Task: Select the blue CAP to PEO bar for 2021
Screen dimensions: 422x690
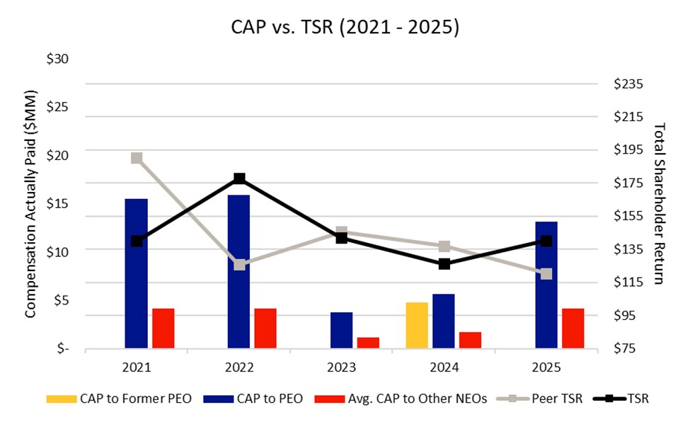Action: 136,273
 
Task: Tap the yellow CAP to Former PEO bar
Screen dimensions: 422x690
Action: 417,325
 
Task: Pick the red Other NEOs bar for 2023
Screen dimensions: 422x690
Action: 368,343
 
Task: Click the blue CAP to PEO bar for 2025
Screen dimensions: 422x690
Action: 546,285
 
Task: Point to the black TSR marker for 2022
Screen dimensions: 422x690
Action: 239,178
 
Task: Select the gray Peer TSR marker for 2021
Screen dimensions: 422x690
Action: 137,158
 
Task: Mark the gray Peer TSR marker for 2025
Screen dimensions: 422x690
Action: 546,274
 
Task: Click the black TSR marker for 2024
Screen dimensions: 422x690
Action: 444,264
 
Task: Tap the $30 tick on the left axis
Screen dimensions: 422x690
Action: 57,59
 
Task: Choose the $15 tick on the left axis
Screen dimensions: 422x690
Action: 57,204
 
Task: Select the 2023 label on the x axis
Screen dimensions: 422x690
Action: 341,368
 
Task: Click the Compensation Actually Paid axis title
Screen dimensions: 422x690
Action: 30,204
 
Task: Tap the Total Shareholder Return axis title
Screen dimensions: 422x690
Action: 659,204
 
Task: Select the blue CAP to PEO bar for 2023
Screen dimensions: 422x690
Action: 341,330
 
